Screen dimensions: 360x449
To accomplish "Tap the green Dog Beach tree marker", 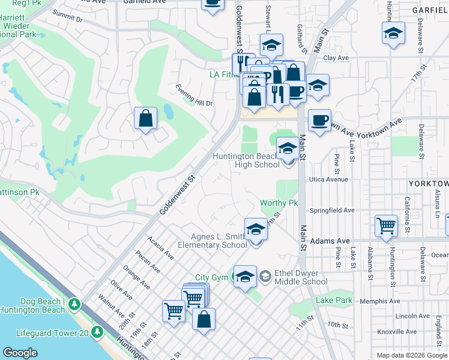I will [x=74, y=305].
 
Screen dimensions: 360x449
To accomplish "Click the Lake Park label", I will [x=334, y=300].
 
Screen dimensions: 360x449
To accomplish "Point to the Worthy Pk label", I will [x=279, y=203].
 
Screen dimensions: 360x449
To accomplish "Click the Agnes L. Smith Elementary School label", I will [x=218, y=241].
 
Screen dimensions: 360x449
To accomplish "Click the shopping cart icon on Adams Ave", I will [x=386, y=226].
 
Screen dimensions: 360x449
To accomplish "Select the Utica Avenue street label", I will [x=328, y=179].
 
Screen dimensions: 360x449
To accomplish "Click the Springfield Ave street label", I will [x=332, y=211].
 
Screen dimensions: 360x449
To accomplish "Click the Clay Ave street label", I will [x=336, y=58].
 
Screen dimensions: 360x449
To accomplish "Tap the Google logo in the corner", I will [x=20, y=352].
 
